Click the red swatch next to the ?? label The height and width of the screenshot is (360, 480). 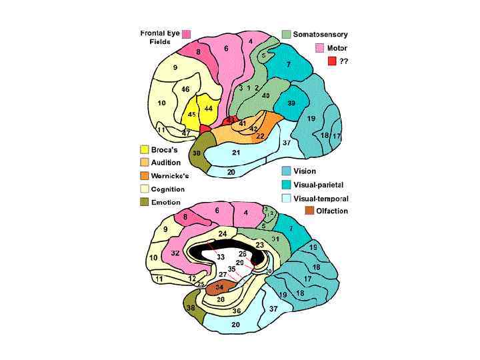(x=331, y=61)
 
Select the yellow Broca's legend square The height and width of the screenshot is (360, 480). (x=144, y=149)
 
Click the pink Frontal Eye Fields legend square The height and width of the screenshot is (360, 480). (x=187, y=34)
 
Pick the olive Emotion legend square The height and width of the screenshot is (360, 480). (x=144, y=202)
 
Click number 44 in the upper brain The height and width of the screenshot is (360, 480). (x=209, y=108)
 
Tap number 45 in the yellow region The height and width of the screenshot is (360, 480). (x=191, y=115)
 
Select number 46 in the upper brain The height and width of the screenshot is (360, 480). (x=185, y=89)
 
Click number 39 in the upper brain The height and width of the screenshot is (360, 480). (x=291, y=103)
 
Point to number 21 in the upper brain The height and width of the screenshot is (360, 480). (x=235, y=153)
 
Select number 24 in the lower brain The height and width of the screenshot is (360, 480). (x=222, y=234)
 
